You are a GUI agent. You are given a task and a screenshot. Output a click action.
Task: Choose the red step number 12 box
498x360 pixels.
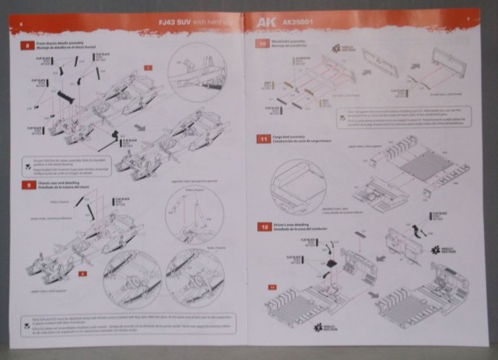(265, 226)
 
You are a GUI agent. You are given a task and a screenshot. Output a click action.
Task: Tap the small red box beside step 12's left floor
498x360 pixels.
(272, 288)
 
